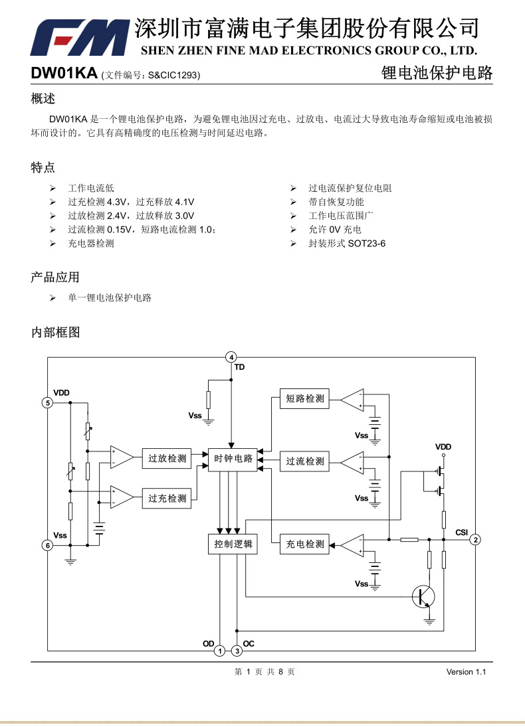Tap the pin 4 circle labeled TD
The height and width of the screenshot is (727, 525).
tap(231, 357)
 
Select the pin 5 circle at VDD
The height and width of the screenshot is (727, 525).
tap(47, 402)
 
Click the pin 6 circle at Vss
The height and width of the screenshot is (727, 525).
tap(47, 545)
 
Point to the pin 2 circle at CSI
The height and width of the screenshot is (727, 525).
tap(475, 540)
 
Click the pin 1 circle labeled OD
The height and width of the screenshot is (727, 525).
tap(219, 651)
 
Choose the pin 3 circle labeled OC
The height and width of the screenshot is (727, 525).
tap(237, 651)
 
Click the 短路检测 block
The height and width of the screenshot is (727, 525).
tap(304, 399)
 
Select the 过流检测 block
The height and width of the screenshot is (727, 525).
tap(304, 461)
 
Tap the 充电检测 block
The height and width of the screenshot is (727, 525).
tap(304, 544)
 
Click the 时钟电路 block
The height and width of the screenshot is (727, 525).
tap(233, 459)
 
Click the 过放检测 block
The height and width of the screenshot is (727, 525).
tap(167, 459)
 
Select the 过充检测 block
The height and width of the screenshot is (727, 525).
tap(167, 498)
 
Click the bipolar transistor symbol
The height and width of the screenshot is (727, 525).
tap(423, 596)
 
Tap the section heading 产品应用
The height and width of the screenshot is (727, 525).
tap(55, 277)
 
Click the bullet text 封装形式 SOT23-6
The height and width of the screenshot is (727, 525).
tap(346, 244)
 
